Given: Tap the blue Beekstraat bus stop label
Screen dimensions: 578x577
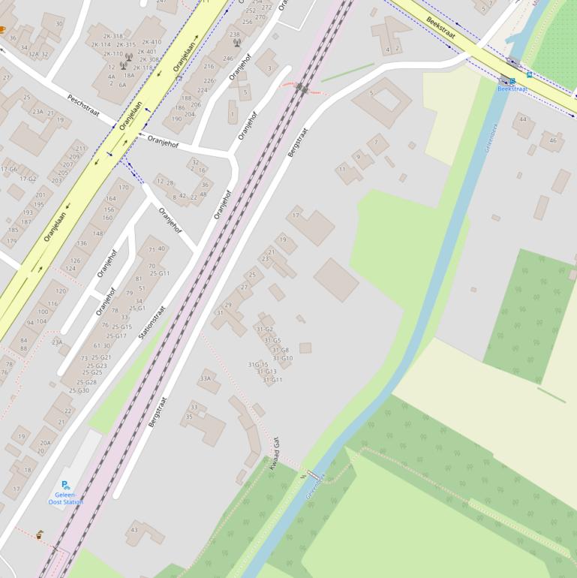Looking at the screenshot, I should tap(512, 89).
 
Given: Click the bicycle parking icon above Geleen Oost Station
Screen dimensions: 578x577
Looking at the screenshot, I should tap(66, 485).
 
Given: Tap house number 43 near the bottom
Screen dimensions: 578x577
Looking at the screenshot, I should tap(134, 531).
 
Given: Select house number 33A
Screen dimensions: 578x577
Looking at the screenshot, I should tap(205, 379).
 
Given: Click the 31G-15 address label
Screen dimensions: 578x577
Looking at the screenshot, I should tap(257, 365).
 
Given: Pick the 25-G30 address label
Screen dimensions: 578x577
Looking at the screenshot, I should tap(79, 390).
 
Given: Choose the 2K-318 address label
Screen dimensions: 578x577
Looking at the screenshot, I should tap(113, 36).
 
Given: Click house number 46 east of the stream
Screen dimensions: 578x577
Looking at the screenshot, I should tap(553, 140).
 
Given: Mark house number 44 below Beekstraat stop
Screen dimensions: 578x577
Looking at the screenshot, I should tap(523, 119).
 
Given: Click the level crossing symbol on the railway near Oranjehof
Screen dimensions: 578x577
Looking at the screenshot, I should tap(302, 88).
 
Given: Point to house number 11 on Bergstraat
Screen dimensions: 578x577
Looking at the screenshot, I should tap(341, 170).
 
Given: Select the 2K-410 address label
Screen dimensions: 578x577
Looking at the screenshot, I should tap(151, 42).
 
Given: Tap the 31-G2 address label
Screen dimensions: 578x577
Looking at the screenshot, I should tap(264, 329).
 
